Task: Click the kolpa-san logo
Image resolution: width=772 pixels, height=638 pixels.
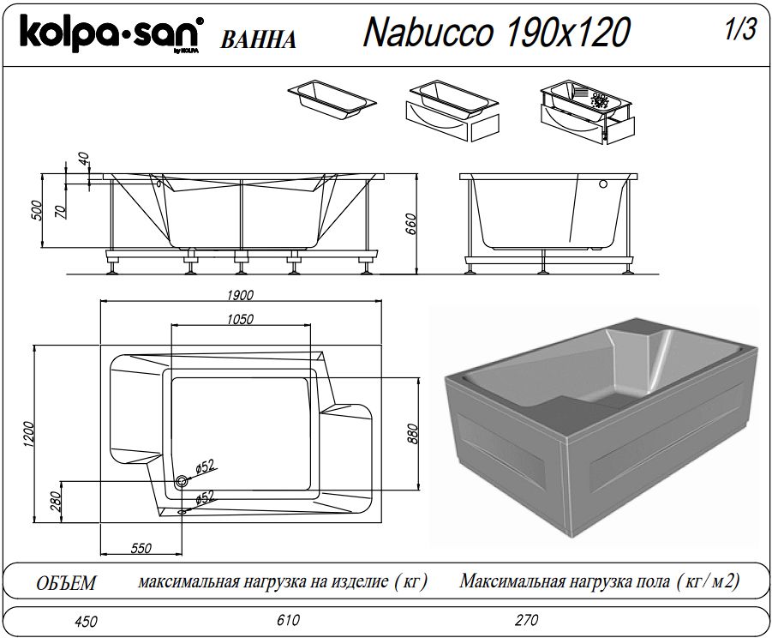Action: [111, 33]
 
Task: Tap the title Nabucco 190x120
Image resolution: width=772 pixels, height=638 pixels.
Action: [497, 32]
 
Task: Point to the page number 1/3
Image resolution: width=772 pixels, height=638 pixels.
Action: [740, 29]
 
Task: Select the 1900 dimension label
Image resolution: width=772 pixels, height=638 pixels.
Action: [240, 295]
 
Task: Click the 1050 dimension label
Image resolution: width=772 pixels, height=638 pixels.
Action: [240, 319]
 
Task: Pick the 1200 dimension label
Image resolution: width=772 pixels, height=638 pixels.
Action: [28, 435]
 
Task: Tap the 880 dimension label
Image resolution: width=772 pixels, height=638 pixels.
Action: [413, 434]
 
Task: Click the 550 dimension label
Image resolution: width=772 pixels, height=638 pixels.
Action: [141, 548]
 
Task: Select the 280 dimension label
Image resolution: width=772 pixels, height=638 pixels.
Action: [56, 502]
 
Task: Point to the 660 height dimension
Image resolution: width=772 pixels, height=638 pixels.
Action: [410, 224]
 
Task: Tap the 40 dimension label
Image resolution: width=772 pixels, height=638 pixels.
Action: [84, 158]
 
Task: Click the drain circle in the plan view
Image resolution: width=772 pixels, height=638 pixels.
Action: [181, 482]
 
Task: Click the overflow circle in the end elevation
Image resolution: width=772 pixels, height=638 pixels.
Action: [603, 184]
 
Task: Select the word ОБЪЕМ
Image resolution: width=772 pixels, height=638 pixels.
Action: [66, 583]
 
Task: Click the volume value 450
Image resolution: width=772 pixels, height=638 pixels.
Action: [87, 621]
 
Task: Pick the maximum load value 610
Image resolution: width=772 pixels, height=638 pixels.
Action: [288, 619]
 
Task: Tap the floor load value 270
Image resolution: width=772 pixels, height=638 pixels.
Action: [527, 619]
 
